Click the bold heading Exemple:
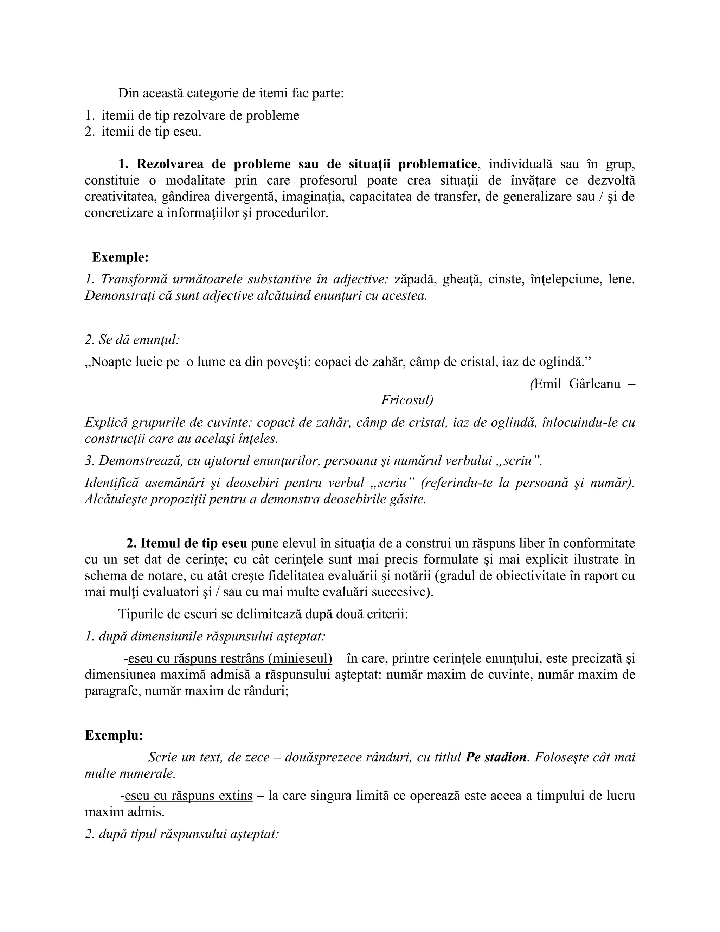[120, 258]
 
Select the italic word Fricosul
[406, 400]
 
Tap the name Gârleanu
[594, 384]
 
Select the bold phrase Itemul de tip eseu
[194, 544]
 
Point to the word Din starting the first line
[128, 94]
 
